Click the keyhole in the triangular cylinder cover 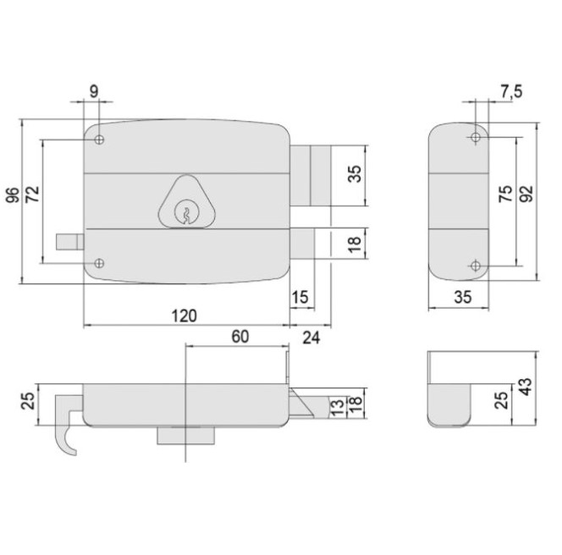(x=183, y=214)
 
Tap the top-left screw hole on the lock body (x=100, y=140)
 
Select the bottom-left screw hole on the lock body (x=100, y=263)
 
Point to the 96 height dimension (x=13, y=195)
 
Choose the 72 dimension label (x=33, y=195)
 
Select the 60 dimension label (x=240, y=336)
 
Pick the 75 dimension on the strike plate (x=504, y=195)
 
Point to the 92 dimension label (x=526, y=195)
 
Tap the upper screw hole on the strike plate (x=473, y=139)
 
